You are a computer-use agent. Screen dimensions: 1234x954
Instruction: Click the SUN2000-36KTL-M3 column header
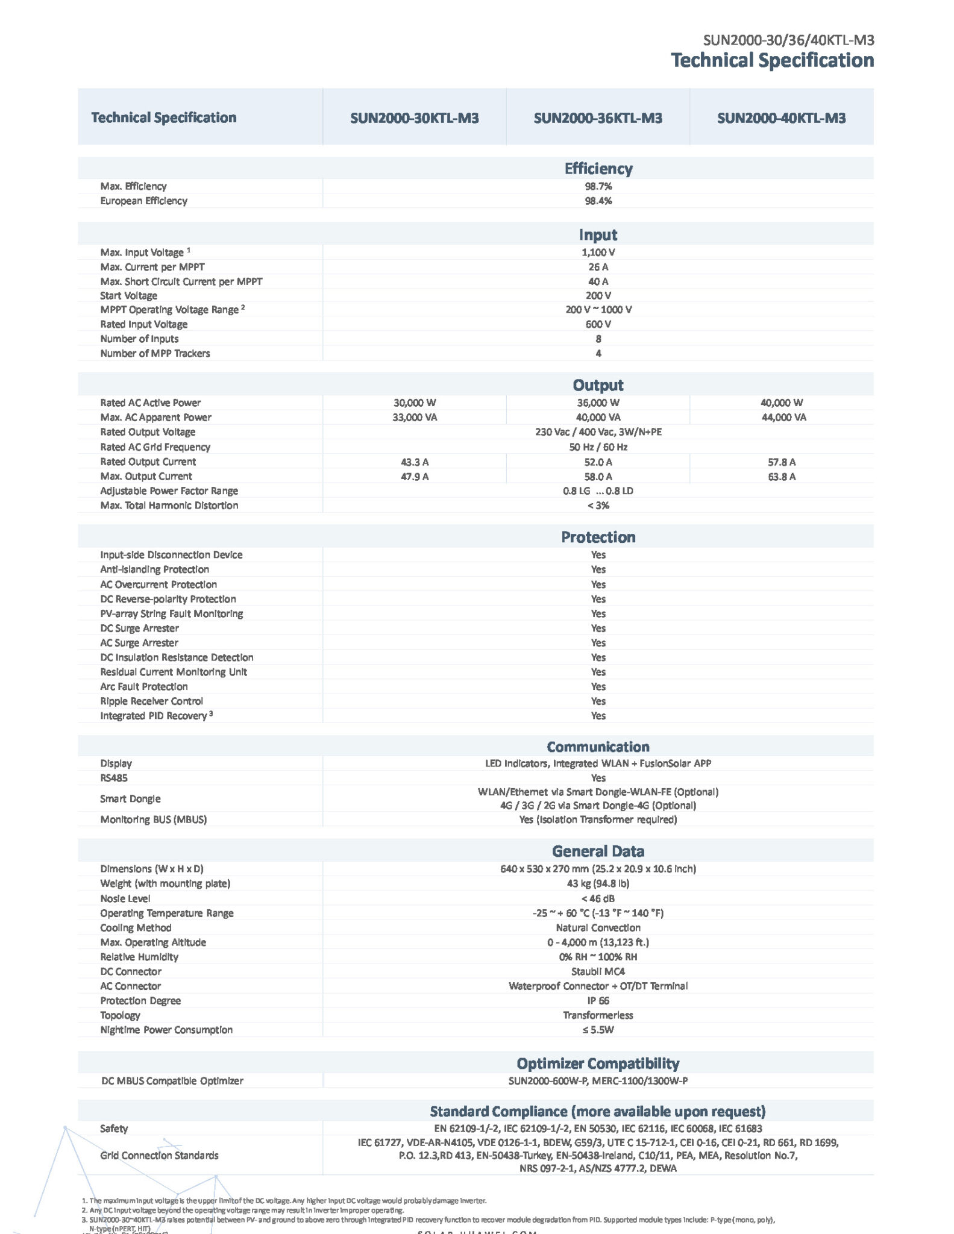(597, 117)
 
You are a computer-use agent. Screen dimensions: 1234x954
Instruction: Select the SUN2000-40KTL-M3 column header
(781, 117)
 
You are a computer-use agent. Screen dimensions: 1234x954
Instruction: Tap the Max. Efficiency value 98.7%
(598, 186)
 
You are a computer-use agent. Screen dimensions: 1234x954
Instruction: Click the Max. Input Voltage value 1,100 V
(598, 252)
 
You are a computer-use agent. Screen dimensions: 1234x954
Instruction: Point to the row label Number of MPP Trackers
(155, 353)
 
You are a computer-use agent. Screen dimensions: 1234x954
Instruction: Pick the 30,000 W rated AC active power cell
(415, 402)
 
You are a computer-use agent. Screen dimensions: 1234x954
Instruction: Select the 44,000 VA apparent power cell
(783, 417)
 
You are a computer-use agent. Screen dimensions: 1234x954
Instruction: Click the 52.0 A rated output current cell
(598, 462)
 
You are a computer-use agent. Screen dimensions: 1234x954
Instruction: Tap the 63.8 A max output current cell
(782, 477)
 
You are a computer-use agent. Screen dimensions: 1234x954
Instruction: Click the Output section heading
(598, 385)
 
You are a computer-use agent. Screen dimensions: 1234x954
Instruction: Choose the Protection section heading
(598, 537)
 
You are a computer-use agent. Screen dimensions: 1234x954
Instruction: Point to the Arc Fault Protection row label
(143, 686)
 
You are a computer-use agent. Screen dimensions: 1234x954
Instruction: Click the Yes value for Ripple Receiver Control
(598, 701)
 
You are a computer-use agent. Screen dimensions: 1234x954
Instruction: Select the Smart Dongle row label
(130, 798)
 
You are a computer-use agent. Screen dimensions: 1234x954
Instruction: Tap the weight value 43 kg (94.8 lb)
(598, 883)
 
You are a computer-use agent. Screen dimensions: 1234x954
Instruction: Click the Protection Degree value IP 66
(598, 1000)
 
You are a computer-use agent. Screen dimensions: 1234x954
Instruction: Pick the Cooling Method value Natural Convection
(598, 927)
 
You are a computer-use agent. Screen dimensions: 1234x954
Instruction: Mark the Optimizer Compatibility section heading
(598, 1063)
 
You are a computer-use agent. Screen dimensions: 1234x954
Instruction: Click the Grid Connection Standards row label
(159, 1155)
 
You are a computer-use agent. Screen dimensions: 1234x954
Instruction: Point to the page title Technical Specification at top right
(772, 60)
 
